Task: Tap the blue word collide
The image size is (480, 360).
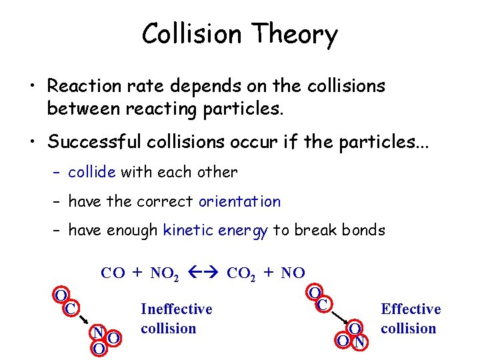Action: (92, 172)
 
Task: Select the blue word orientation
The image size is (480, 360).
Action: (239, 201)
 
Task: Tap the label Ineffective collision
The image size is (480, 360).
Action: (176, 319)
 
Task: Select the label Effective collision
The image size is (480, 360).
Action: (410, 319)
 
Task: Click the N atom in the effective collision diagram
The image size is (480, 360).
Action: (359, 343)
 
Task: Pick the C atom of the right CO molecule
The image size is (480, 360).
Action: (323, 305)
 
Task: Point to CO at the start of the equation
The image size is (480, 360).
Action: (112, 273)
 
